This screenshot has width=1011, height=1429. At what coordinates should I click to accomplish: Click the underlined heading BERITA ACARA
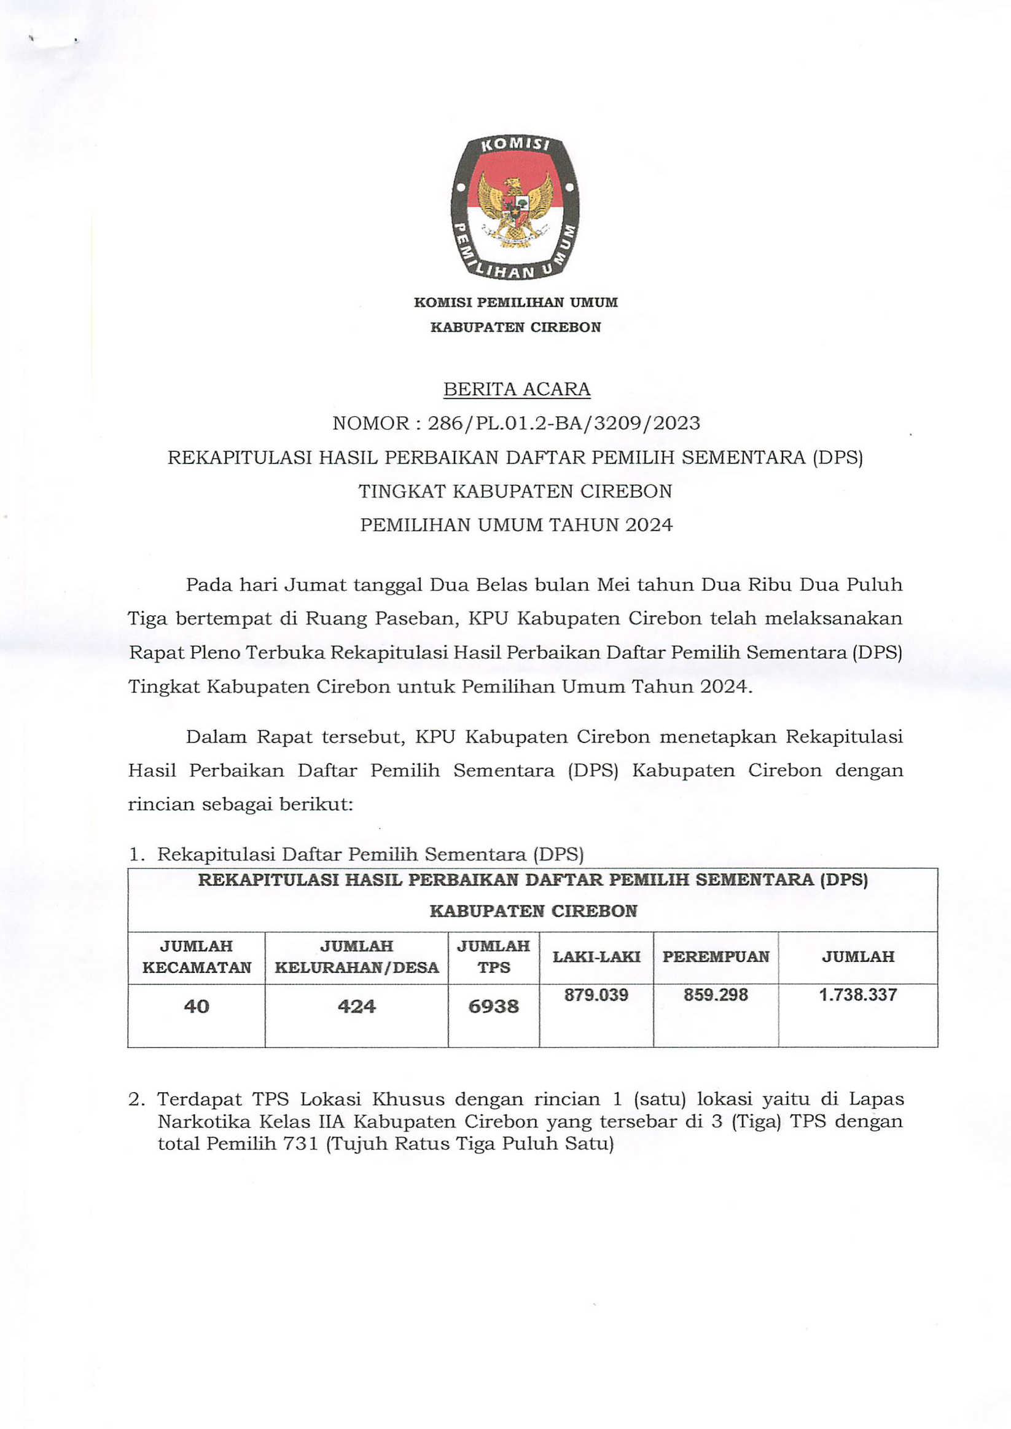click(517, 389)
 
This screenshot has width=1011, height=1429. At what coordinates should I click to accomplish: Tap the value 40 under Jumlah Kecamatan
click(196, 1007)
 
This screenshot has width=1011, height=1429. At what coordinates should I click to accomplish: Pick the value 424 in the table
click(357, 1007)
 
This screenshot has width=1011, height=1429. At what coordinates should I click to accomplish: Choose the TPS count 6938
click(493, 1007)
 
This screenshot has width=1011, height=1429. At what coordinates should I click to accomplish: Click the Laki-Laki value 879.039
click(596, 995)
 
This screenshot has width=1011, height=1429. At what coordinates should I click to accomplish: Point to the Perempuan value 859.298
click(716, 995)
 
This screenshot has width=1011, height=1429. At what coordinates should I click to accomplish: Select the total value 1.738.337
click(858, 995)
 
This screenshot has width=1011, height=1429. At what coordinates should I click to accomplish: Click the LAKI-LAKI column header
click(596, 957)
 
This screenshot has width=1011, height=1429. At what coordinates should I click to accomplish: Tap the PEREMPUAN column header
click(716, 957)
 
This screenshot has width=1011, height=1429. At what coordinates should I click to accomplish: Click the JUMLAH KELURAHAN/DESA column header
click(357, 957)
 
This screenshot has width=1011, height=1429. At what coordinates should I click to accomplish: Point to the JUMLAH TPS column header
click(493, 957)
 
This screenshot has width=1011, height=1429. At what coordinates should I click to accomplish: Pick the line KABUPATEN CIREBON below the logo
click(515, 328)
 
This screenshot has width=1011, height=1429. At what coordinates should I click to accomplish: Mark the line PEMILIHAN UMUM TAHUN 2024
click(517, 525)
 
